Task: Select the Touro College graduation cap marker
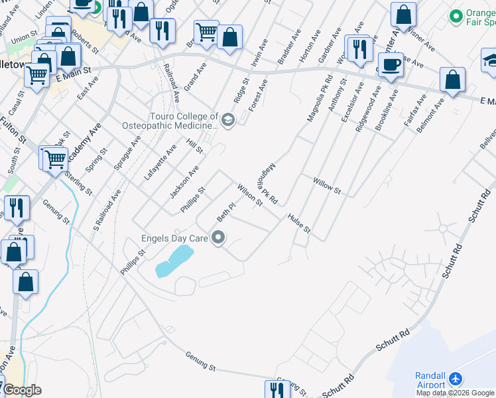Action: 228,120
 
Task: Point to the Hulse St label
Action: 298,223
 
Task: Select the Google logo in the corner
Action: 22,390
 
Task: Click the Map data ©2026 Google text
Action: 455,393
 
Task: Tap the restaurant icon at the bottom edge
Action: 277,390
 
